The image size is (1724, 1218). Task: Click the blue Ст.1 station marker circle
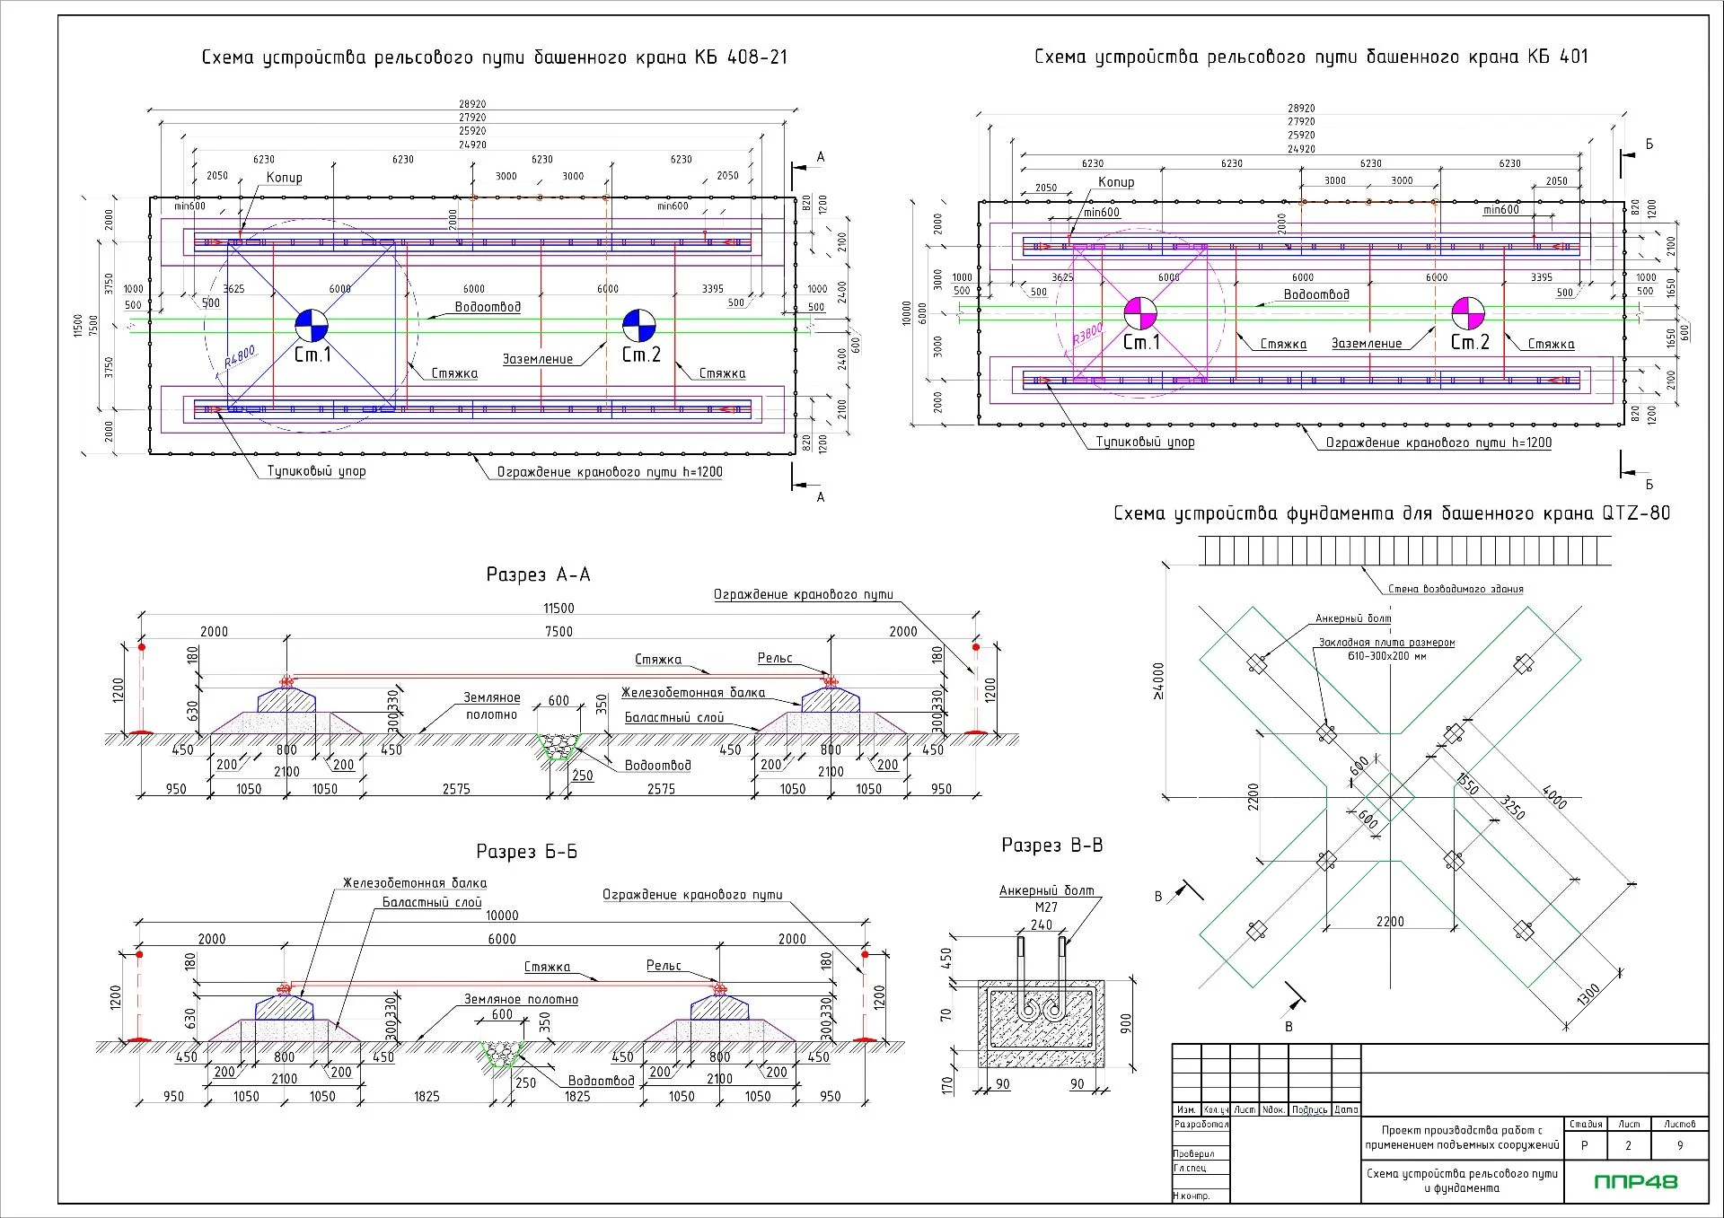point(312,325)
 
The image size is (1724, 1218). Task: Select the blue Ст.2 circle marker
point(639,325)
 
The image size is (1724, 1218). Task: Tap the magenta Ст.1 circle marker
point(1140,313)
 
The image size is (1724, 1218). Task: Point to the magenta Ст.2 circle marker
point(1468,313)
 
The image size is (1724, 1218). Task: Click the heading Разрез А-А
point(538,574)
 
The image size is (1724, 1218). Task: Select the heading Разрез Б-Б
point(526,852)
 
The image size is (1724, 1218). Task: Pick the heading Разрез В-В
point(1051,846)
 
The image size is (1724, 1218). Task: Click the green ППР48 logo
point(1635,1181)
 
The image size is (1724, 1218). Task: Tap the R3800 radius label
point(1087,335)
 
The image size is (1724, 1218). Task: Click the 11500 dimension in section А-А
point(559,609)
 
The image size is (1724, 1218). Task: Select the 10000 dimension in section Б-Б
point(502,916)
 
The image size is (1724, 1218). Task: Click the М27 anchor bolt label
point(1046,907)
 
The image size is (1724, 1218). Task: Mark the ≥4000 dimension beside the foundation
point(1158,681)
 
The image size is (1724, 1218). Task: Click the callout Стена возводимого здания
point(1456,589)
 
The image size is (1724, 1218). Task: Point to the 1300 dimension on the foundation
point(1588,995)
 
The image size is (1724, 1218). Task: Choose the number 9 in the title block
point(1680,1145)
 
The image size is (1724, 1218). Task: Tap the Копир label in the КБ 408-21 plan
point(285,178)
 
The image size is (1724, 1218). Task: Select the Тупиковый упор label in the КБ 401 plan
point(1145,442)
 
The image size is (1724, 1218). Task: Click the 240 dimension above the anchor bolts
point(1042,924)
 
